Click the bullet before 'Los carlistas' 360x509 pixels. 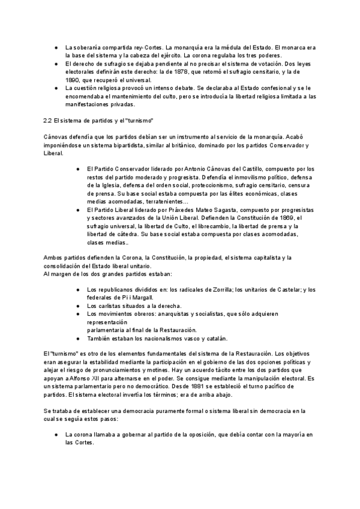tap(79, 306)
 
